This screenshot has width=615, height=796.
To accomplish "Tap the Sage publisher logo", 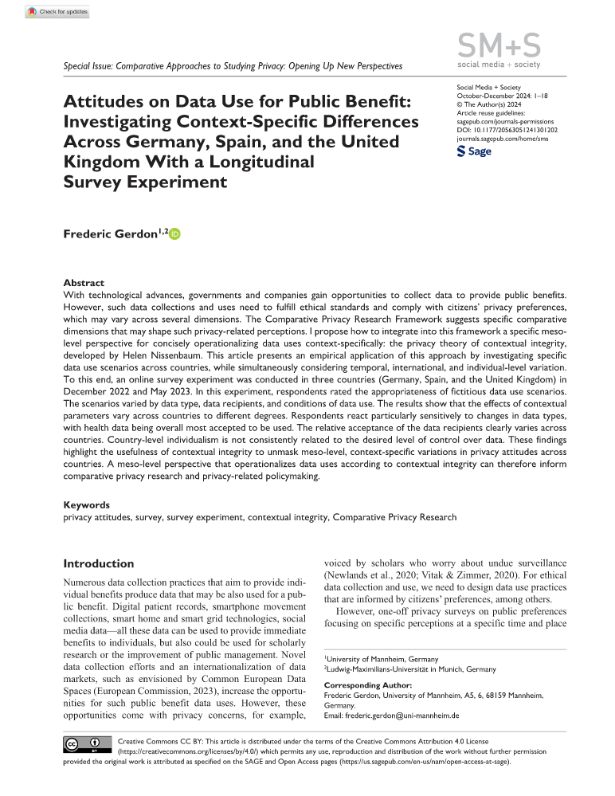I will point(475,151).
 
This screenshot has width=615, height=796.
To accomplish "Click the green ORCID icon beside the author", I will point(175,234).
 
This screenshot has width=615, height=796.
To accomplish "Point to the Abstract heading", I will point(84,283).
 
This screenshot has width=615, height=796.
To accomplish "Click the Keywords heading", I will point(87,504).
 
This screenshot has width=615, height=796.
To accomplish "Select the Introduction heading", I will point(99,563).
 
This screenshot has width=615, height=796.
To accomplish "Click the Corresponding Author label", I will point(368,684).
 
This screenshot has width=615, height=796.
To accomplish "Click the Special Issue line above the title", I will point(233,66).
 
